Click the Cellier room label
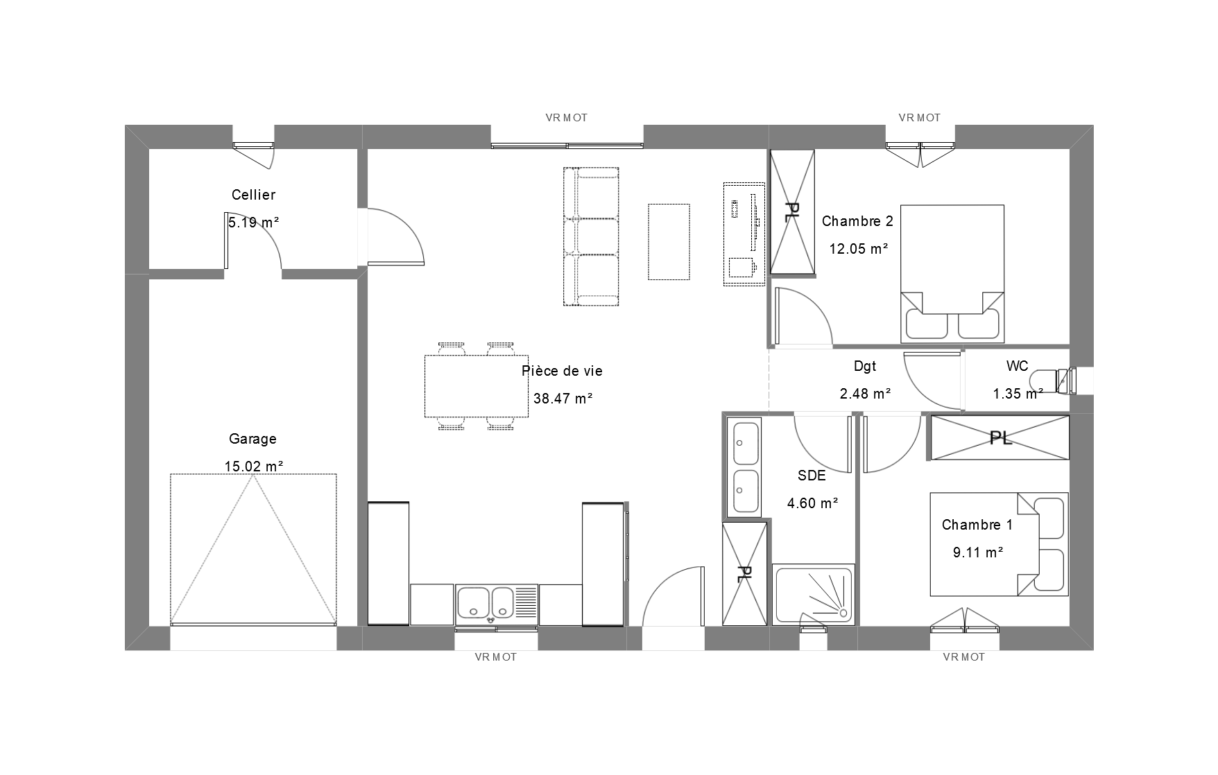[253, 195]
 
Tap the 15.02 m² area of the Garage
[254, 467]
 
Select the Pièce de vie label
[562, 372]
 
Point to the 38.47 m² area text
[563, 399]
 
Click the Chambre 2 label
[857, 222]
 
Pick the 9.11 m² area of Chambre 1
[978, 552]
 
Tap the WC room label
[1017, 367]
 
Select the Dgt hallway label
[865, 367]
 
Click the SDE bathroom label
[812, 476]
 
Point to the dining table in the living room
[476, 386]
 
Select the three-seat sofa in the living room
[591, 236]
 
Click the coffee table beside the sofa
[669, 242]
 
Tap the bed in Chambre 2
[952, 274]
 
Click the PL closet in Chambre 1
[1000, 437]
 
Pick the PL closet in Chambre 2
[791, 212]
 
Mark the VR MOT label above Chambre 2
[920, 118]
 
